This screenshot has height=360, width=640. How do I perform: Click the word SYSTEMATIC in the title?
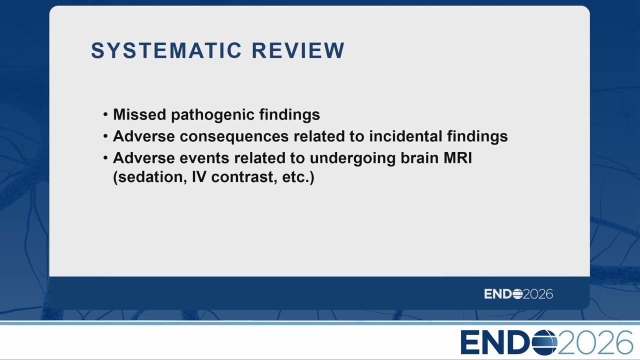click(x=166, y=50)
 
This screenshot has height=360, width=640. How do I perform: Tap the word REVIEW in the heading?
click(x=298, y=50)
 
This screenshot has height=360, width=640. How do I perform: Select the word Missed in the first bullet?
click(x=139, y=114)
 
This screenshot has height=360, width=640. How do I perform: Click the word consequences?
click(x=234, y=136)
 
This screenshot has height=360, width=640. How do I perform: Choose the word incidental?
click(x=405, y=136)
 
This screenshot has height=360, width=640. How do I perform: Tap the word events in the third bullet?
click(x=204, y=158)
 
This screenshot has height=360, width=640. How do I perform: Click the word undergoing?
click(x=352, y=158)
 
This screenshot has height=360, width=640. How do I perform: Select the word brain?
click(x=419, y=157)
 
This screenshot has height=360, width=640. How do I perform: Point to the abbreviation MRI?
click(x=457, y=157)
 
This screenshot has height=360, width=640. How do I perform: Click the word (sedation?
click(x=150, y=177)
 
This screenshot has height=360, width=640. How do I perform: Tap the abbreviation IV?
click(x=199, y=177)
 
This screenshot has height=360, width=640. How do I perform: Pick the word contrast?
click(x=244, y=177)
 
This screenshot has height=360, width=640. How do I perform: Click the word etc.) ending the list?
click(x=298, y=177)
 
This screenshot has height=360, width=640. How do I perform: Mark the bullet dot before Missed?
click(x=105, y=114)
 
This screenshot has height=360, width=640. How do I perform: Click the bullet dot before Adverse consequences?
click(x=105, y=136)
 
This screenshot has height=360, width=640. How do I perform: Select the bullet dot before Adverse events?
click(x=105, y=158)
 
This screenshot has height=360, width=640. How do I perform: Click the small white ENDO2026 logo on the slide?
click(x=518, y=294)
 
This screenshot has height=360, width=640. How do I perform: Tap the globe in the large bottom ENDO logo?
click(x=544, y=342)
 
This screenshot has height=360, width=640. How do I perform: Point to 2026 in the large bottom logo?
click(x=595, y=342)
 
